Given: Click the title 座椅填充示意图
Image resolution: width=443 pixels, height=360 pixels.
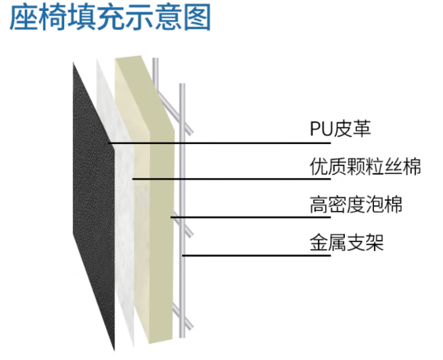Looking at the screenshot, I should [110, 18].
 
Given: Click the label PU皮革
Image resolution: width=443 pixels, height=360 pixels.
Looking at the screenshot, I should [341, 129].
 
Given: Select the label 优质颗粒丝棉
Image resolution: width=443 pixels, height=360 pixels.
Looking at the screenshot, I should [365, 166].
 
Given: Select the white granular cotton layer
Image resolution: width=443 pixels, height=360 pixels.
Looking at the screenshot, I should [122, 223].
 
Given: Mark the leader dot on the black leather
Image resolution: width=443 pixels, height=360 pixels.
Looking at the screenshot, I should [110, 143].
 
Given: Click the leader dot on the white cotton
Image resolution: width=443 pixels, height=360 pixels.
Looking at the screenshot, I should [133, 179].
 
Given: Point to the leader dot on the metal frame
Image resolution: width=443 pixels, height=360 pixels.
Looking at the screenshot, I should [182, 255].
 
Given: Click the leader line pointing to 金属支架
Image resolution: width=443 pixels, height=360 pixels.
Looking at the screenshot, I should [243, 255].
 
